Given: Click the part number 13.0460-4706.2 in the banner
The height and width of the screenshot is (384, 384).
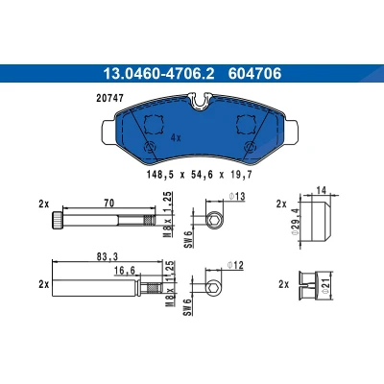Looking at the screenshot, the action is (158, 74).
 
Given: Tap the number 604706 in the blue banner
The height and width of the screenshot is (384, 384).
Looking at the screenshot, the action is (254, 74).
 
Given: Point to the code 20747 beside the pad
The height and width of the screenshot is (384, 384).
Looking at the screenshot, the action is (109, 98).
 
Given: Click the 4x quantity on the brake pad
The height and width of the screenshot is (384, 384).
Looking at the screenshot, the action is (176, 138).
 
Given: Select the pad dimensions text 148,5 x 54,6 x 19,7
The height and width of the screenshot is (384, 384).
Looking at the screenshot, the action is (200, 175).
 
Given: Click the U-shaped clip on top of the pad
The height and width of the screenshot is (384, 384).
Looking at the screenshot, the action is (201, 101).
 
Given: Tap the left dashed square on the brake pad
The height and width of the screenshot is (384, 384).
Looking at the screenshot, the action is (154, 125).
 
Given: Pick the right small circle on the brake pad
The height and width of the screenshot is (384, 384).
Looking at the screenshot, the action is (250, 148).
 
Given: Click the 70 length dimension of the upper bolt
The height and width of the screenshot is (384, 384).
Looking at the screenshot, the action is (109, 203).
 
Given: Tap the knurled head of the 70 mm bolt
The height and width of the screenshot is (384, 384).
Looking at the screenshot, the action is (57, 221).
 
